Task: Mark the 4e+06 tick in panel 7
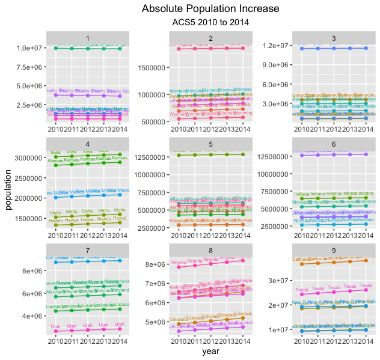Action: coord(33,316)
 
